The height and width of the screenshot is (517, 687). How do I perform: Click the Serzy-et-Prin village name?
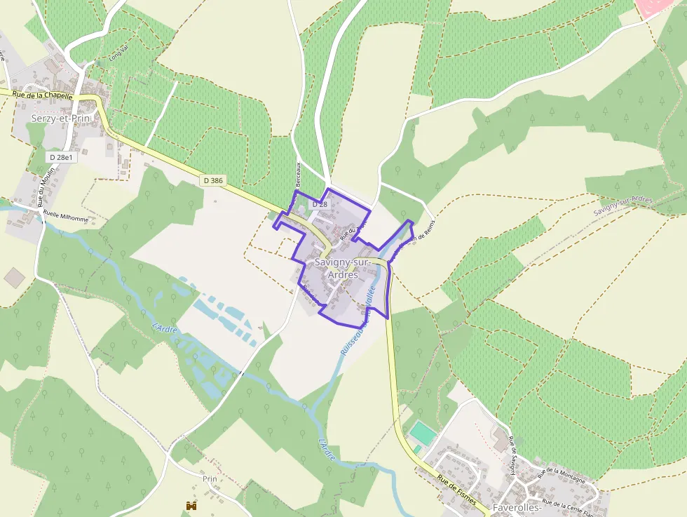coord(62,119)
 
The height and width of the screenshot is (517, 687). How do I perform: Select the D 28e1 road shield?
coord(62,157)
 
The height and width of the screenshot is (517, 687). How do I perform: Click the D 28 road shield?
coord(319,203)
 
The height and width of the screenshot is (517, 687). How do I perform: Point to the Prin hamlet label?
coord(210,478)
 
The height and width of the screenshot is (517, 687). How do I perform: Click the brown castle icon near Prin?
coord(190,505)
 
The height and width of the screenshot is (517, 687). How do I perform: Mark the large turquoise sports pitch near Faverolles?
coord(422,430)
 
